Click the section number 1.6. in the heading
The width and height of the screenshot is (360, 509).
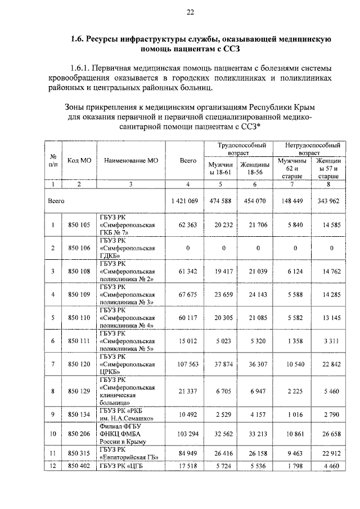pyautogui.click(x=78, y=39)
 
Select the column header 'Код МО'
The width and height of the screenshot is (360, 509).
pyautogui.click(x=79, y=160)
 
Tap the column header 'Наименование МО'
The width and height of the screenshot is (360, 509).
pyautogui.click(x=131, y=160)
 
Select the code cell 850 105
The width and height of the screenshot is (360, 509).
pyautogui.click(x=79, y=226)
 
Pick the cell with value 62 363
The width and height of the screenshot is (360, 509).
pyautogui.click(x=187, y=226)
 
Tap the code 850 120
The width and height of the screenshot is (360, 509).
pyautogui.click(x=79, y=364)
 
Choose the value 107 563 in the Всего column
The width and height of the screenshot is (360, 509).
pyautogui.click(x=187, y=364)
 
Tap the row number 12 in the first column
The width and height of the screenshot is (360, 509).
pyautogui.click(x=52, y=466)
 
